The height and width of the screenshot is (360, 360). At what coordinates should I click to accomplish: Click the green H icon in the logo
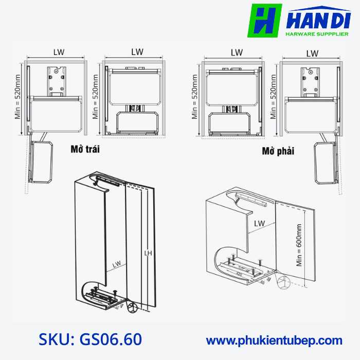[264, 21]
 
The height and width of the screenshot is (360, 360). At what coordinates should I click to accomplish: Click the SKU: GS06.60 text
[91, 339]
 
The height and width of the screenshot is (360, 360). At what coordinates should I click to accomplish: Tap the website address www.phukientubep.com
[274, 340]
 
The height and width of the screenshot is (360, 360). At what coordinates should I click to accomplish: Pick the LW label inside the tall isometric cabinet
[117, 264]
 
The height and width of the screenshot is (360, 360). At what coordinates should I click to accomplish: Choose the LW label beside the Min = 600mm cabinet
[259, 224]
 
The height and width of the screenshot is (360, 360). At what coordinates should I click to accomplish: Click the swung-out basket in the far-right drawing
[326, 164]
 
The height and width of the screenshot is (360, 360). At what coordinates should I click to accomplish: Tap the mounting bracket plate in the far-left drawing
[57, 81]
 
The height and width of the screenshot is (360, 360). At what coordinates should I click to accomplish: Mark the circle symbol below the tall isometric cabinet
[133, 308]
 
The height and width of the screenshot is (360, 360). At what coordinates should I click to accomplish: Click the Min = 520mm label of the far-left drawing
[18, 96]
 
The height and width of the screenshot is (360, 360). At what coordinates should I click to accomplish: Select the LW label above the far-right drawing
[312, 53]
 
